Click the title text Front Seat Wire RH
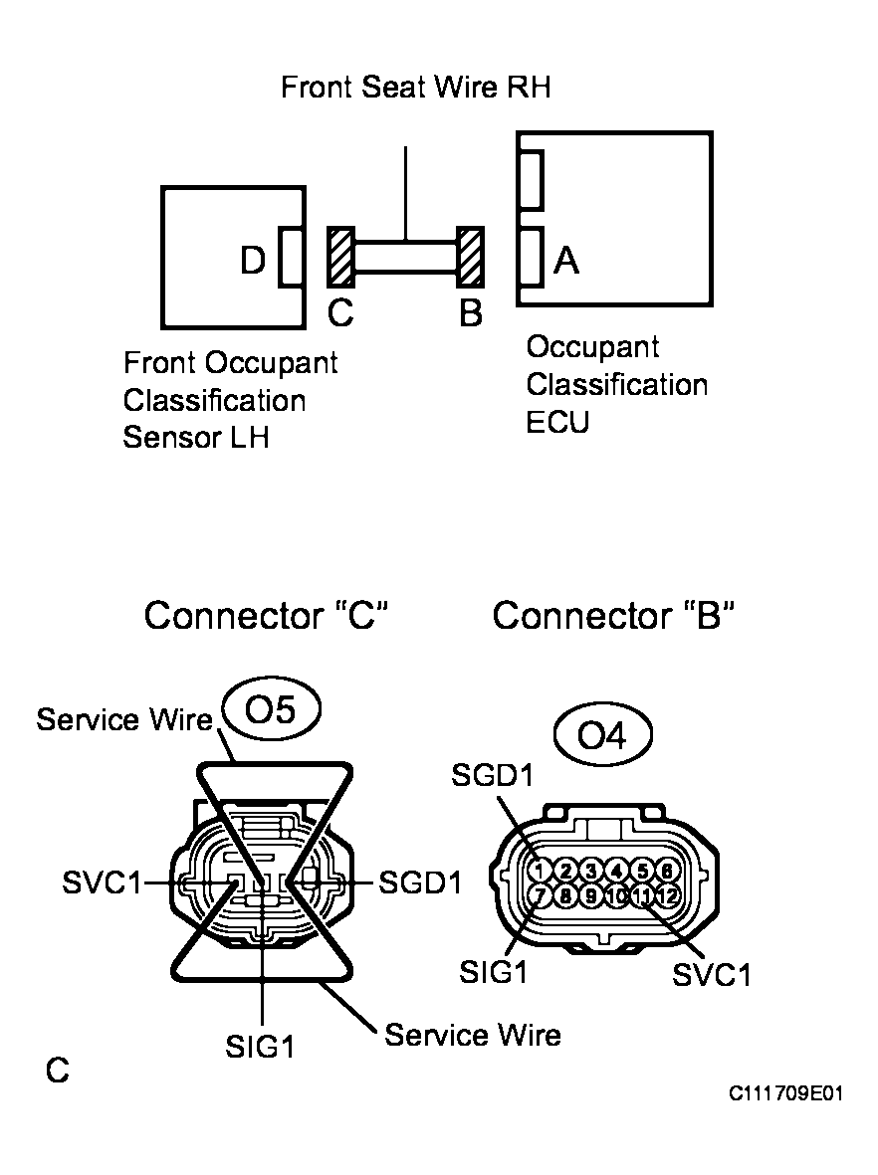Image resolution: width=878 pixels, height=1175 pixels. click(415, 88)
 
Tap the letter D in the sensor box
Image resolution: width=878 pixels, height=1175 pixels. click(252, 262)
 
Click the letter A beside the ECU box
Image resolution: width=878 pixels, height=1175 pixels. click(566, 261)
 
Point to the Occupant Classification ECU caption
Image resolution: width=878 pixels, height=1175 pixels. click(616, 384)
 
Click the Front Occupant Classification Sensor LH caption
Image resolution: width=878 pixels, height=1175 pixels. click(230, 400)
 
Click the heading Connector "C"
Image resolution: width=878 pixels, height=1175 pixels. click(265, 616)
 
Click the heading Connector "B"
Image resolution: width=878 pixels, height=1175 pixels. click(613, 616)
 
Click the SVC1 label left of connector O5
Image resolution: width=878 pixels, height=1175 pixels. click(101, 882)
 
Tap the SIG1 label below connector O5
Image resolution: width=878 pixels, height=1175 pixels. click(261, 1047)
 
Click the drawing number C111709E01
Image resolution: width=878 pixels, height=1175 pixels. click(786, 1093)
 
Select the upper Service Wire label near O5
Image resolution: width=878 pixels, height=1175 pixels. click(125, 719)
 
